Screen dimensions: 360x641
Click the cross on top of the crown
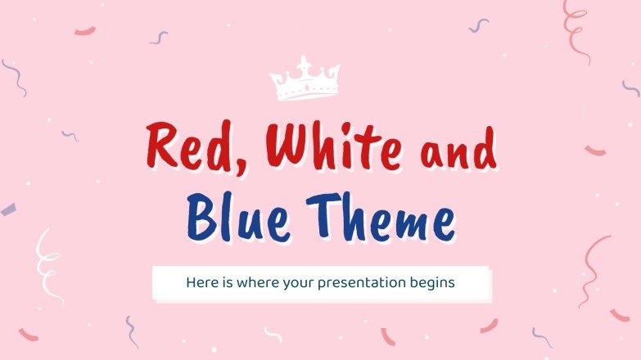click(x=304, y=62)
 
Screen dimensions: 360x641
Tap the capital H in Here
click(x=191, y=283)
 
